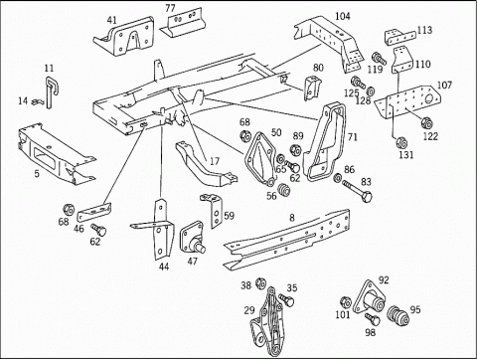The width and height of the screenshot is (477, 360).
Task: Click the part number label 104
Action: point(343,16)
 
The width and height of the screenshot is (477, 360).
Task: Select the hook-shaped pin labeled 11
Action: point(49,91)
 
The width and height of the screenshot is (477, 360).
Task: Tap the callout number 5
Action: point(37,173)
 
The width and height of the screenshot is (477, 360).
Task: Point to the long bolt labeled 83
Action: point(357,191)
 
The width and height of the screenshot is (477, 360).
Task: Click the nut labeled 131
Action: point(401,142)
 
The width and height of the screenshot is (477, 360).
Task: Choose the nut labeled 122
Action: point(426,123)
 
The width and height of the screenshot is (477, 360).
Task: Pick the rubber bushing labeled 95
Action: point(398,315)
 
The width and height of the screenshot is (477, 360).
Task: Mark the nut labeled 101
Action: point(346,302)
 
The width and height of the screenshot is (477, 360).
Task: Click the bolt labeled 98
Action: point(373,319)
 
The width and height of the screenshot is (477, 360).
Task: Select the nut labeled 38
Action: point(261,283)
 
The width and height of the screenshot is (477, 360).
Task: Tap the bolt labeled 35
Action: point(286,299)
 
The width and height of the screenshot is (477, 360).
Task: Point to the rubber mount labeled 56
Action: point(283,189)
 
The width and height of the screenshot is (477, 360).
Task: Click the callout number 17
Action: point(215,161)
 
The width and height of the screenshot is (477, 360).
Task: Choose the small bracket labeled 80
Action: point(312,88)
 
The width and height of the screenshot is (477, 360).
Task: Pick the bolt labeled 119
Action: point(380,59)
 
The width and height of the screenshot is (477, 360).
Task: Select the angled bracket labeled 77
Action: point(183,23)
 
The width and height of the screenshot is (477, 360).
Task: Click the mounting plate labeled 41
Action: point(126,38)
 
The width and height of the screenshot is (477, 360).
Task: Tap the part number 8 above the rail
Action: point(292,218)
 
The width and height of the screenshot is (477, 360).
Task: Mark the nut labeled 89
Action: point(295,150)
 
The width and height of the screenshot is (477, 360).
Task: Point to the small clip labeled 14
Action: point(37,102)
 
